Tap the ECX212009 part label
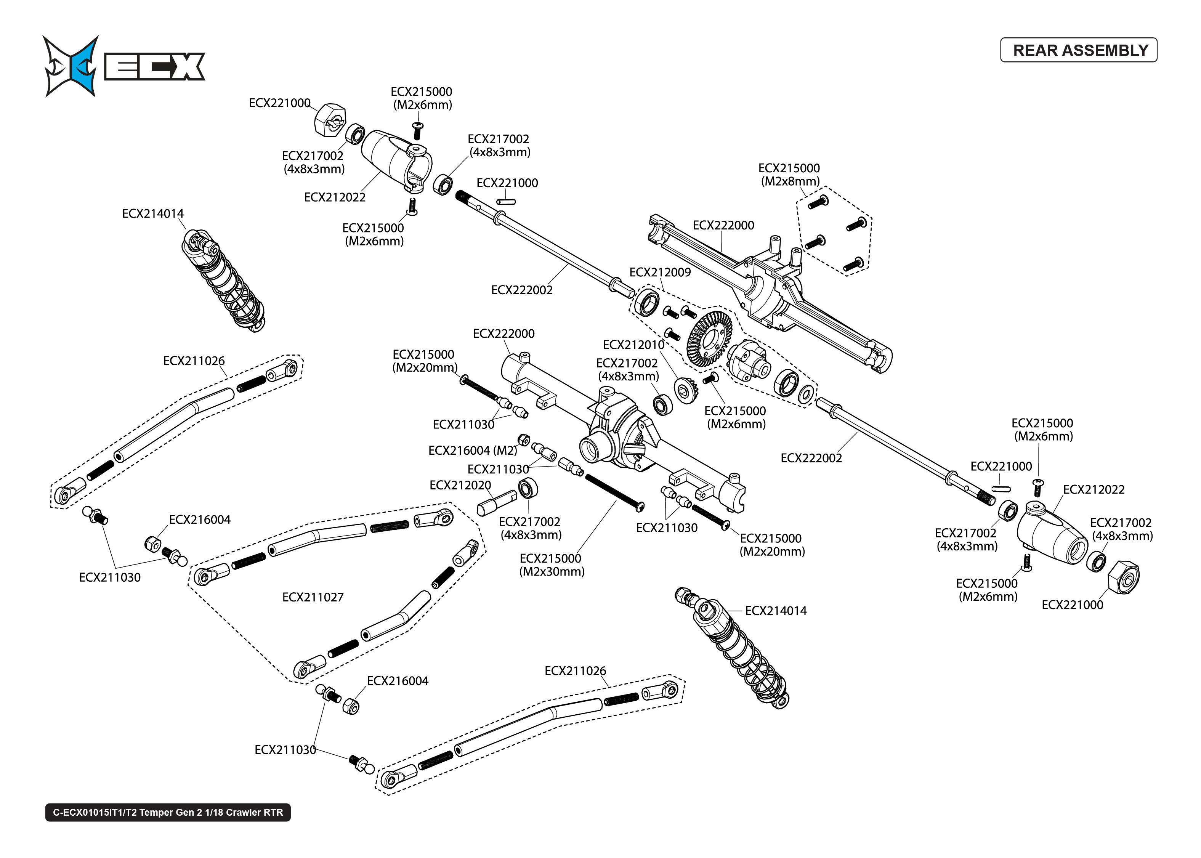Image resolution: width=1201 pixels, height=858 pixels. click(x=660, y=272)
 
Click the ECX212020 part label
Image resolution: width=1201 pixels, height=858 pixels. click(x=460, y=485)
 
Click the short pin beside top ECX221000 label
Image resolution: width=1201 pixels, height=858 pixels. click(x=506, y=201)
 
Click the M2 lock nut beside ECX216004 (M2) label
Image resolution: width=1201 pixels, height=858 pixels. click(x=524, y=439)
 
